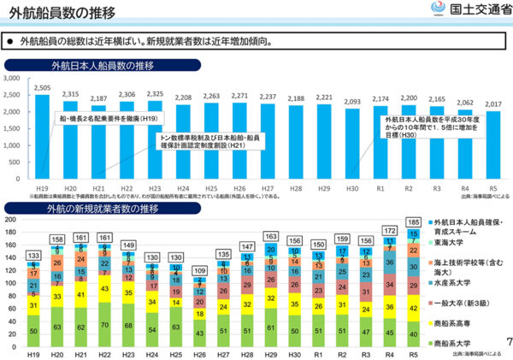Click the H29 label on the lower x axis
click(269, 352)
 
